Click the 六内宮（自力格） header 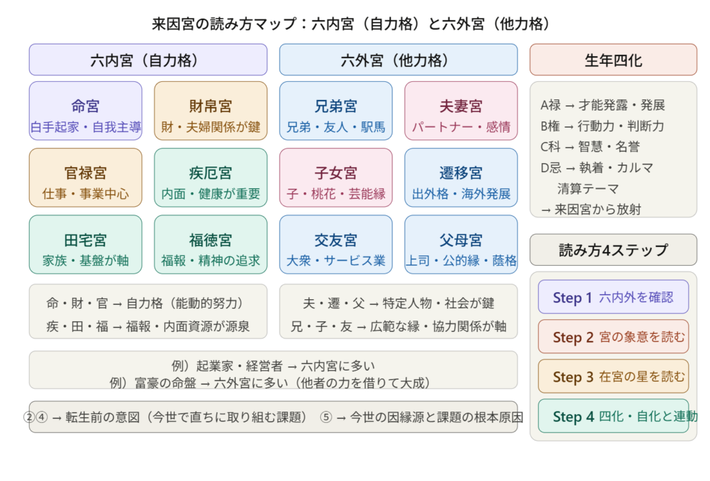click(x=148, y=60)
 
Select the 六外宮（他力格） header click(x=398, y=60)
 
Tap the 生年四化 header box click(x=613, y=60)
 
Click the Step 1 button click(x=613, y=297)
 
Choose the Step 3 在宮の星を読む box click(x=613, y=376)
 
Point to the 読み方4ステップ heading click(x=613, y=250)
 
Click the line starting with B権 click(x=602, y=126)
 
